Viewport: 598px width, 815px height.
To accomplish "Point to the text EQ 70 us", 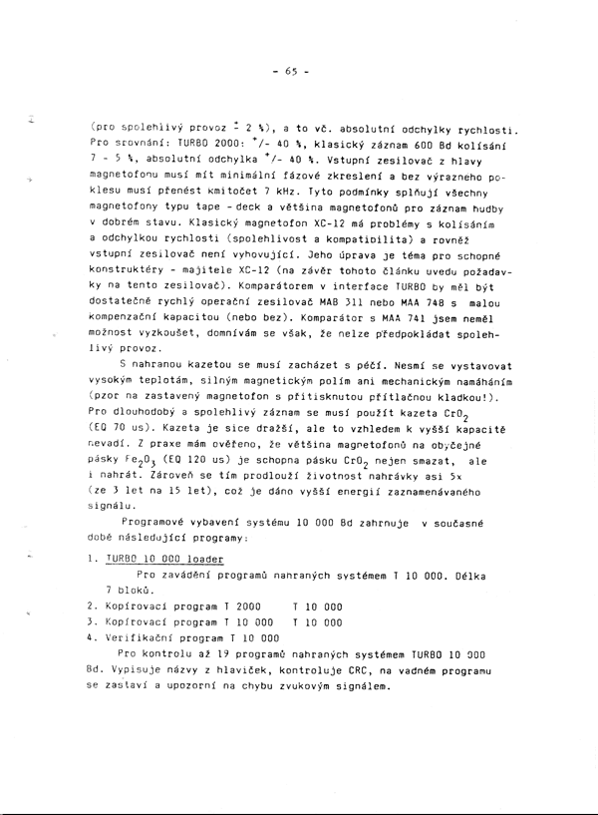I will [127, 427].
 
